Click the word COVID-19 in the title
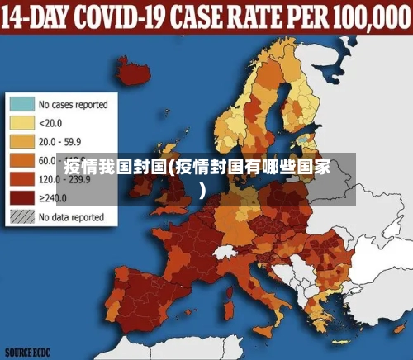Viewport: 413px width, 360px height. coord(126,16)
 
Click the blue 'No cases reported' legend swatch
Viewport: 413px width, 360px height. coord(21,105)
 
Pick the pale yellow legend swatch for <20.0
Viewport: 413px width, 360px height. coord(21,123)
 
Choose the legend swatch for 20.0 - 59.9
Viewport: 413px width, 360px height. coord(21,141)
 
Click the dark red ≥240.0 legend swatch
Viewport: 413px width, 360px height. coord(21,197)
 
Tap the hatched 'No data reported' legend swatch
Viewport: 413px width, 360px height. coord(21,216)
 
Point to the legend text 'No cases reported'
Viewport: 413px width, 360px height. coord(73,105)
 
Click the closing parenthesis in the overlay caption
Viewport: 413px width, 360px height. coord(202,188)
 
